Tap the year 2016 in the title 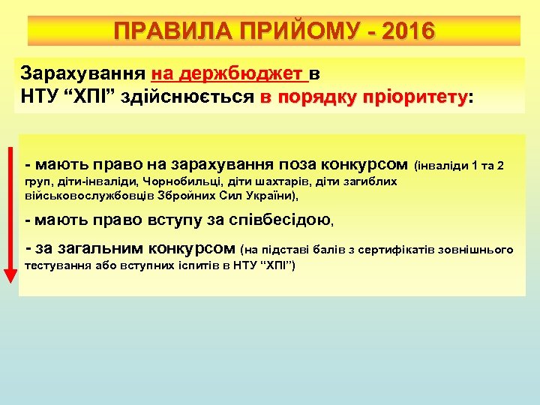pyautogui.click(x=407, y=31)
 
